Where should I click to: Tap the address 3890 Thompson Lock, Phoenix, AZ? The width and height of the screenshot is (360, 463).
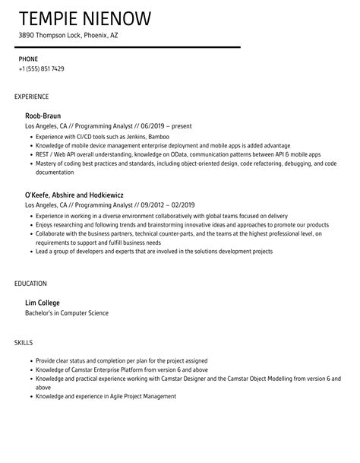point(68,35)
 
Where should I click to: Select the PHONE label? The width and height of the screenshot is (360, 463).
point(29,58)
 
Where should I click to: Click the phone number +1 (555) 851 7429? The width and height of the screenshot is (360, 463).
point(42,69)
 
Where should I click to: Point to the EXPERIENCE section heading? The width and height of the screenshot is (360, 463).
point(32,97)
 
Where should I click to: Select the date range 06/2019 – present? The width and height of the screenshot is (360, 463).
point(150,127)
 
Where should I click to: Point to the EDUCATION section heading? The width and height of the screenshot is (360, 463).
point(30,283)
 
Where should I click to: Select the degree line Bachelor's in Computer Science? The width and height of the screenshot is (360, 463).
point(67,312)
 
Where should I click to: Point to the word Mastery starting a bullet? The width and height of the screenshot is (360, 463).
point(46,163)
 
